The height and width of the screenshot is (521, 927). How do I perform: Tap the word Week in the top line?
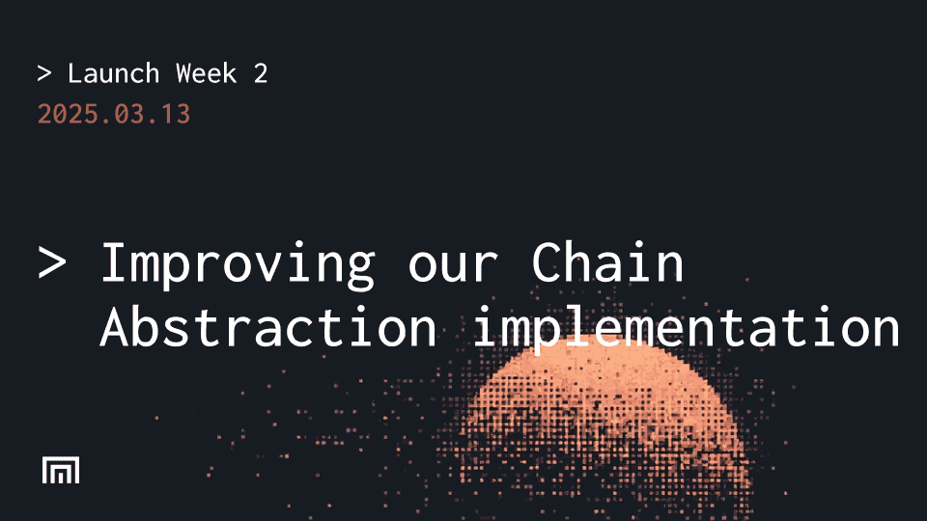[207, 73]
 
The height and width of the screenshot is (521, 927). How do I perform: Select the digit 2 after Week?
[261, 73]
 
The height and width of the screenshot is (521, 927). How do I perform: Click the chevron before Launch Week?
[44, 73]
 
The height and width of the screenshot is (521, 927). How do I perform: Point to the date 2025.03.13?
[114, 114]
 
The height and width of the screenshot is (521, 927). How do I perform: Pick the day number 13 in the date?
[176, 114]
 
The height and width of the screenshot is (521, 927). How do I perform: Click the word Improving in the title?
[238, 263]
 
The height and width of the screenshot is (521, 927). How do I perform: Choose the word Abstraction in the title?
[268, 328]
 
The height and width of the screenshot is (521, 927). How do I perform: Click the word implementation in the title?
[687, 328]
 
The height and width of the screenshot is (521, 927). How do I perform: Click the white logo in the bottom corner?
[61, 470]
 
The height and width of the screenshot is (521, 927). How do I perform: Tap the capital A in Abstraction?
[115, 328]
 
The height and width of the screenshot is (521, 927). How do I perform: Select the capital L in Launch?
[75, 73]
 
